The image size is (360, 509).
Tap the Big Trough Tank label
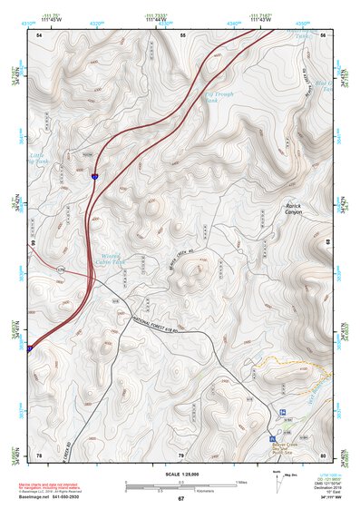click(x=222, y=96)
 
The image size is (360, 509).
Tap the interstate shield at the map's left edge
click(x=29, y=347)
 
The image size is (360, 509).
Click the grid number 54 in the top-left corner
click(x=39, y=34)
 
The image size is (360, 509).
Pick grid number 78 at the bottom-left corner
click(x=39, y=455)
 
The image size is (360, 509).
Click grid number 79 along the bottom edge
click(x=180, y=455)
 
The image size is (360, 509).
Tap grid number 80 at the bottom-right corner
click(x=323, y=455)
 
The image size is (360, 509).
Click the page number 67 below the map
click(x=180, y=498)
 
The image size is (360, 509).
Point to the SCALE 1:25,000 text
click(x=180, y=473)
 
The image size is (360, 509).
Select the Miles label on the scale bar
click(x=240, y=481)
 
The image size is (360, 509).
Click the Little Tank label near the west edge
click(x=36, y=158)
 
